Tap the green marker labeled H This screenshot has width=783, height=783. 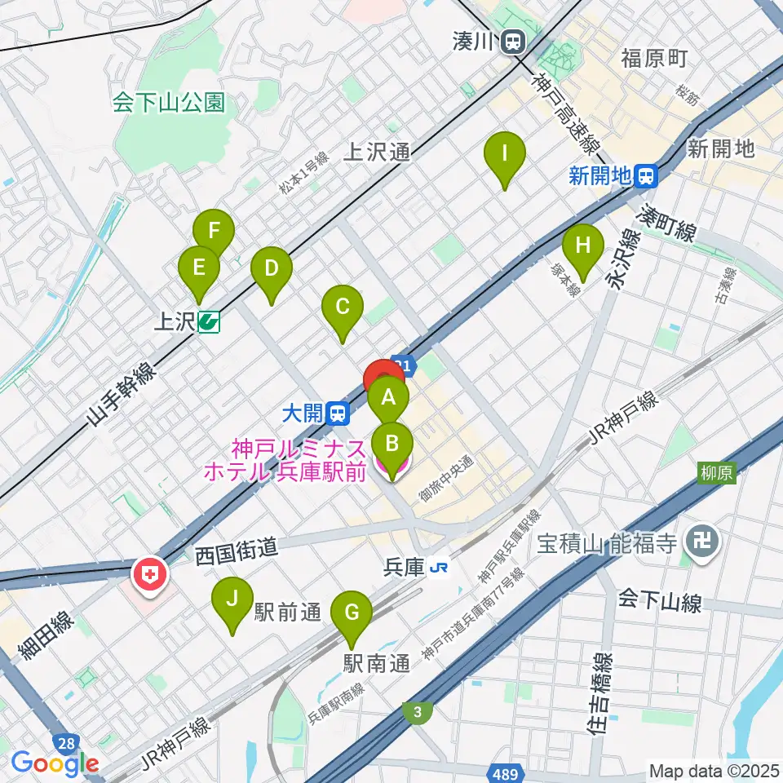tap(583, 246)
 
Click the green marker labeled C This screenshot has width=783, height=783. tap(342, 308)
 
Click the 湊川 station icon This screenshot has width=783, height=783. tap(514, 41)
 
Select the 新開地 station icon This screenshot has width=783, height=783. tap(647, 175)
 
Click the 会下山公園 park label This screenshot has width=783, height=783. tap(169, 102)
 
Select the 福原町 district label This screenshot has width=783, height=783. tap(654, 58)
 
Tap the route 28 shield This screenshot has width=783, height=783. tap(68, 741)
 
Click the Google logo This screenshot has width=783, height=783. tap(55, 764)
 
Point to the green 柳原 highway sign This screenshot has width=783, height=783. tap(716, 472)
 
